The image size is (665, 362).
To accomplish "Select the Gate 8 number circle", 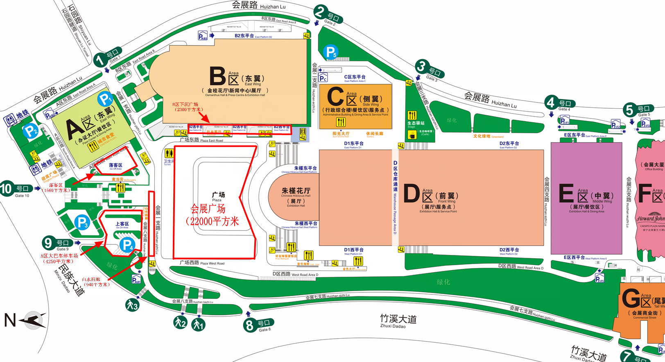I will [249, 326].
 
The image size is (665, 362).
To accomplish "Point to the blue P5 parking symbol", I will [330, 52].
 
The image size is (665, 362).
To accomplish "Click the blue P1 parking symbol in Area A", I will [105, 99].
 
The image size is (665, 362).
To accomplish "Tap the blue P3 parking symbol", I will [82, 222].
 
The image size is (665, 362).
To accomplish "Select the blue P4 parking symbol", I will [127, 245].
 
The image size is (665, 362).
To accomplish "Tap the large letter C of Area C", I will [335, 97].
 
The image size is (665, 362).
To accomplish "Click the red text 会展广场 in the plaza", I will [208, 209].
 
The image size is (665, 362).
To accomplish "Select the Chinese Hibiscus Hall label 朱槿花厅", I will [296, 191].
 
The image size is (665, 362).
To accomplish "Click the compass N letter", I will [10, 320].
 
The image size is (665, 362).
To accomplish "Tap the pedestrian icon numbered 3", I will [132, 305].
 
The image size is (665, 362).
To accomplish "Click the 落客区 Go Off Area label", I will [115, 165].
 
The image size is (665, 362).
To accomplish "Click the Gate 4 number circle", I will [551, 102].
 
